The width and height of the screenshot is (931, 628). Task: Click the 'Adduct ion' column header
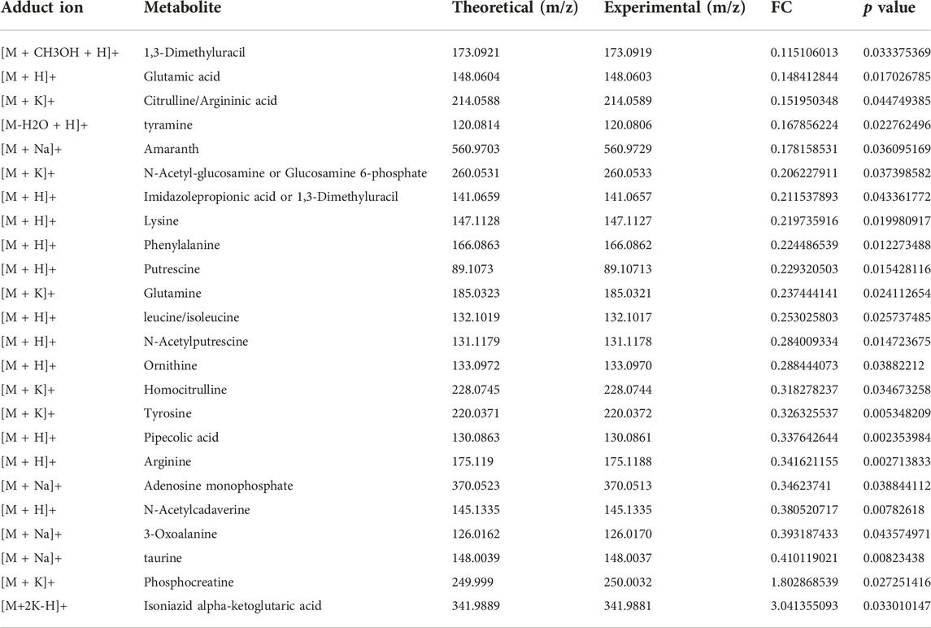click(x=42, y=7)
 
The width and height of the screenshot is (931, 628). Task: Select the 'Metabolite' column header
click(x=182, y=7)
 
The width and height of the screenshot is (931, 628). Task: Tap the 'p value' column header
click(x=889, y=8)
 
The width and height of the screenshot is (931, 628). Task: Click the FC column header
click(x=781, y=7)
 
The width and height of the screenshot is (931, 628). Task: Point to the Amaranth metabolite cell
click(x=171, y=149)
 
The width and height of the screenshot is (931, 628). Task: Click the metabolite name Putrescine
click(x=172, y=269)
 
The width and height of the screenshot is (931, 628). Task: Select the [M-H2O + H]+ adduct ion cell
click(x=45, y=125)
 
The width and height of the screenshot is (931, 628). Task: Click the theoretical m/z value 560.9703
click(x=476, y=149)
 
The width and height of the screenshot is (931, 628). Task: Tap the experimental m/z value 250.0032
click(x=628, y=582)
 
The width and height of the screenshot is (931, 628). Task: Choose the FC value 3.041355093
click(x=804, y=606)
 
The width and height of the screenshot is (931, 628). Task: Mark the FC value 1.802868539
click(x=804, y=582)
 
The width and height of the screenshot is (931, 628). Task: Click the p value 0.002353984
click(x=897, y=438)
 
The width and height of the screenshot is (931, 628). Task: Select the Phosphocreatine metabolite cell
click(x=189, y=582)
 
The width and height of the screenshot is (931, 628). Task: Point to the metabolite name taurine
click(x=163, y=558)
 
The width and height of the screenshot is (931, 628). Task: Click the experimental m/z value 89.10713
click(x=628, y=269)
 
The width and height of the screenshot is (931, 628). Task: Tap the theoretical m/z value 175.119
click(x=472, y=461)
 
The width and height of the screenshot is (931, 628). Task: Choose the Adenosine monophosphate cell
click(x=219, y=486)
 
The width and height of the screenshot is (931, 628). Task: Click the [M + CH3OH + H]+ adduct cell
click(x=60, y=53)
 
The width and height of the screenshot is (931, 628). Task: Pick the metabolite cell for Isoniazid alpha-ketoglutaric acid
click(x=233, y=606)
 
